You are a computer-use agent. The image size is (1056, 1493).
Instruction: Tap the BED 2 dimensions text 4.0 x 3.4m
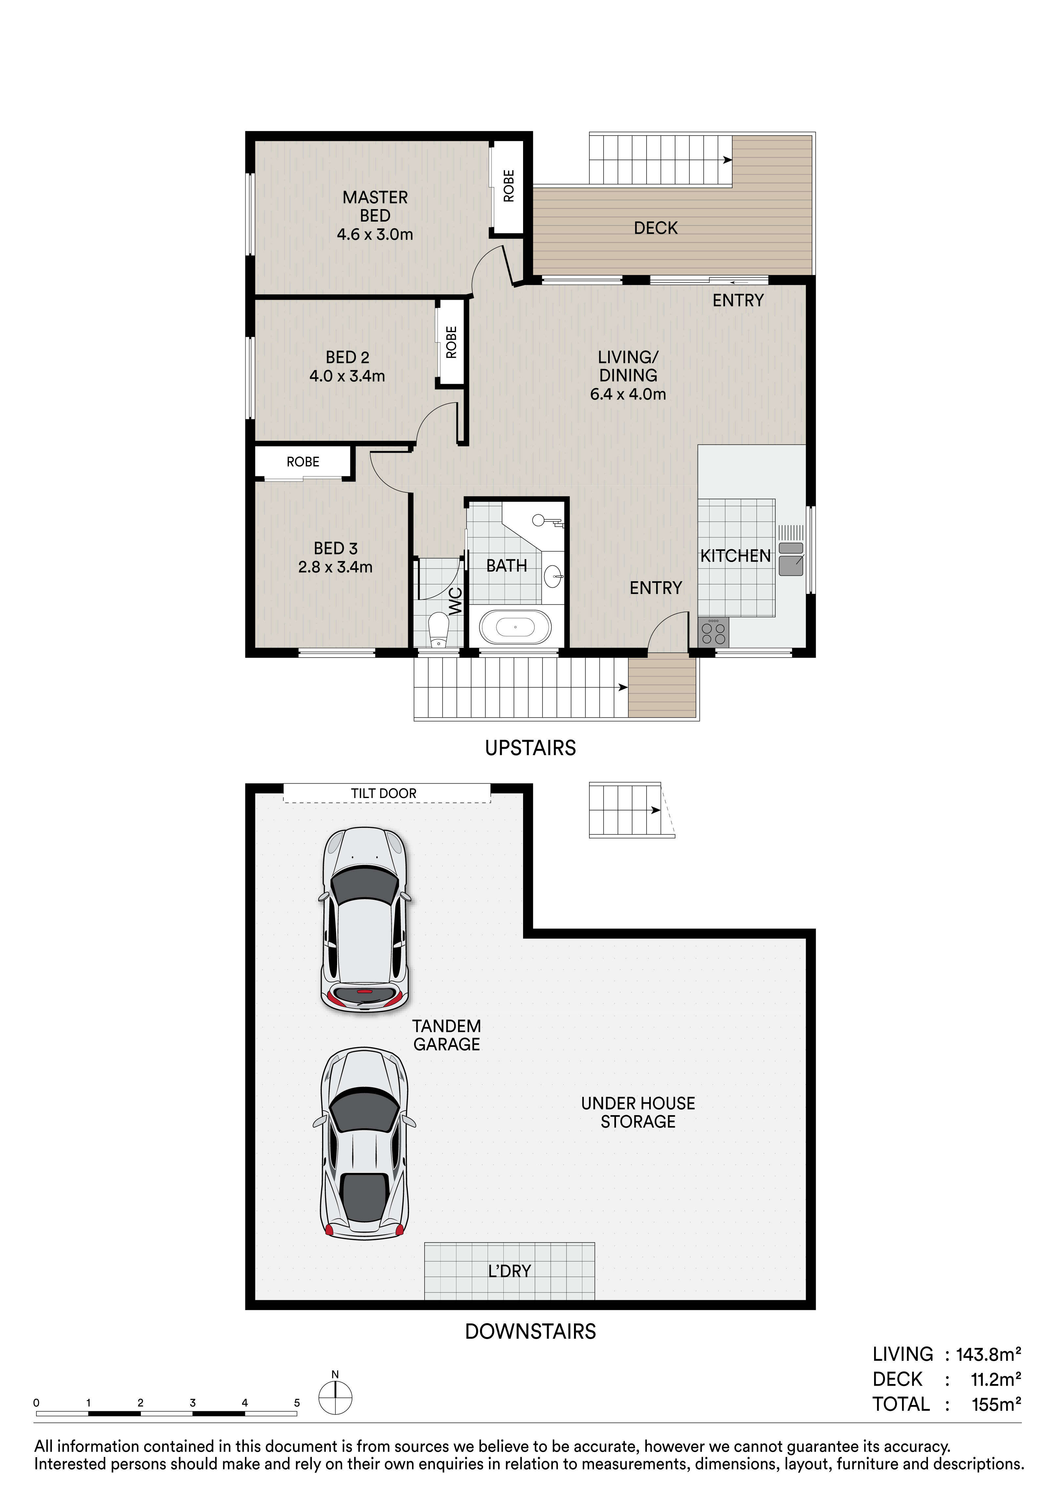click(347, 376)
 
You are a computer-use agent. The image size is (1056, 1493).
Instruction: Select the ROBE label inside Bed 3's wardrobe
click(303, 462)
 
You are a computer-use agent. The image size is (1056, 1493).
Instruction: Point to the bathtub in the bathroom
click(515, 628)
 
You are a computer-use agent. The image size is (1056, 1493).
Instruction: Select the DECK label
click(655, 228)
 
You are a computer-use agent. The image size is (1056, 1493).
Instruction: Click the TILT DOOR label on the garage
click(384, 793)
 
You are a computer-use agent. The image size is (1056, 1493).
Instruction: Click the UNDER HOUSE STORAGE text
click(638, 1113)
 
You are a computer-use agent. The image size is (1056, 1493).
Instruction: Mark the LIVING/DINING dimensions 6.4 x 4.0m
click(628, 394)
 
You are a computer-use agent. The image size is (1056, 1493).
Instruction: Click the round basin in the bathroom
click(553, 574)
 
